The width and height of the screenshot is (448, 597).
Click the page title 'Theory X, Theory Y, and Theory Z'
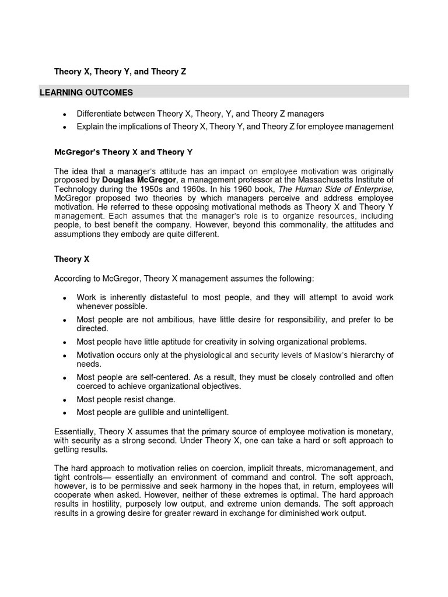120,72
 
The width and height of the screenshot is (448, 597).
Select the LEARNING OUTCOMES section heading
86,93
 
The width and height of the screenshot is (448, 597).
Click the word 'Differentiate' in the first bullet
99,114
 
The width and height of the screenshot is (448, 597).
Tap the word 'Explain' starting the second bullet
90,127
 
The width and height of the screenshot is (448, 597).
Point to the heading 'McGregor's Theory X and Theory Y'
123,152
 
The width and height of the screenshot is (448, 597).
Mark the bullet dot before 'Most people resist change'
64,400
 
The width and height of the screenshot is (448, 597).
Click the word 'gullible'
153,412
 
